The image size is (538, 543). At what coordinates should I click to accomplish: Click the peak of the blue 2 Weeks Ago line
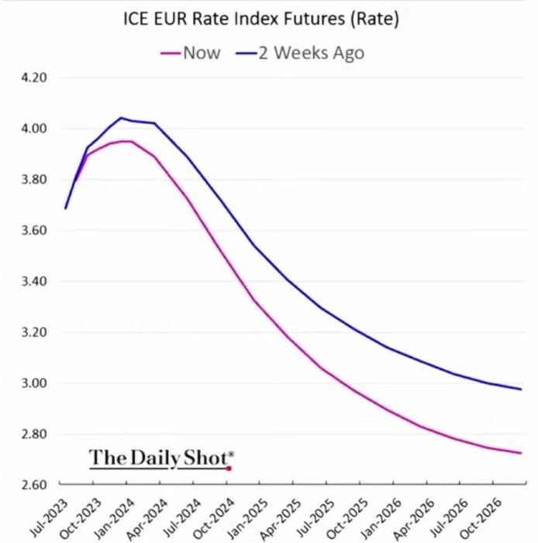pos(121,118)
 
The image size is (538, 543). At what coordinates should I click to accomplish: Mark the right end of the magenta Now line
pos(520,453)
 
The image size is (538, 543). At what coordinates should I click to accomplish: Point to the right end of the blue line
pos(520,389)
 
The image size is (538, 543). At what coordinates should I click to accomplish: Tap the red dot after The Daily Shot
pos(229,468)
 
